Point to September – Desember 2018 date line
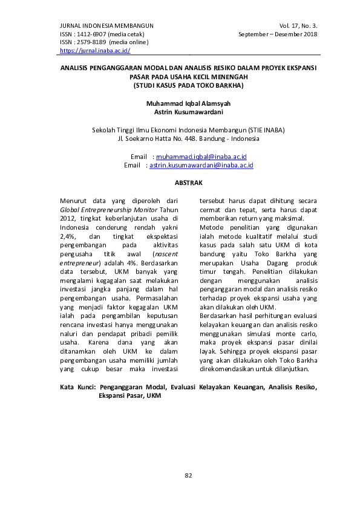279,34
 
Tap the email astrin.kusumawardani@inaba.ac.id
201,164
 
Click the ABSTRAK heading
188,183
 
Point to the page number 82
188,475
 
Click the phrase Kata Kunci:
79,386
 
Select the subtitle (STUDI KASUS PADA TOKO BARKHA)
188,86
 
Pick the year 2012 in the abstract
67,218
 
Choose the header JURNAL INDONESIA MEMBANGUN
106,25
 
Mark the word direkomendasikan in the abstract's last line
227,369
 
